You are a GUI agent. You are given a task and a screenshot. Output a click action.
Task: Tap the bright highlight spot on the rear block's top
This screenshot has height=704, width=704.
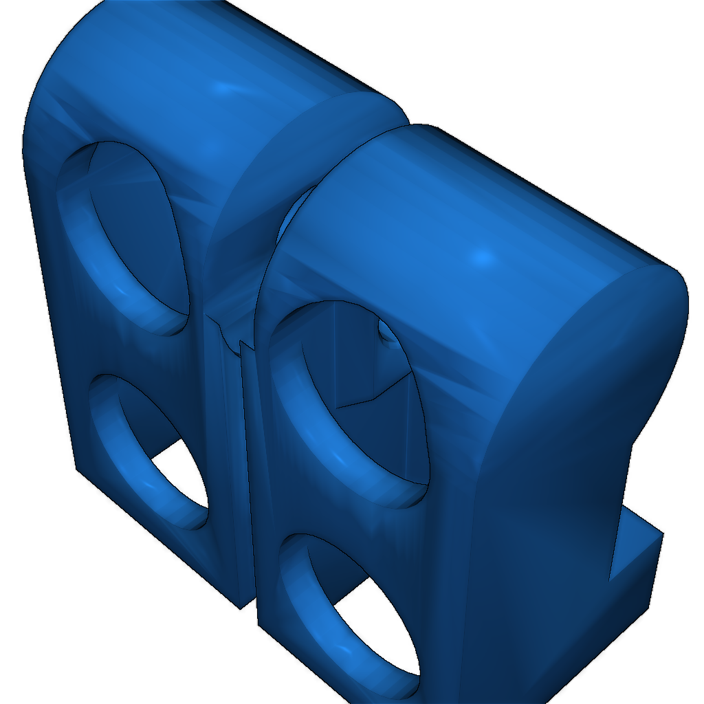tap(223, 88)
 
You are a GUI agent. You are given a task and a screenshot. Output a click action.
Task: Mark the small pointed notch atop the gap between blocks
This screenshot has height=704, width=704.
tap(242, 342)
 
